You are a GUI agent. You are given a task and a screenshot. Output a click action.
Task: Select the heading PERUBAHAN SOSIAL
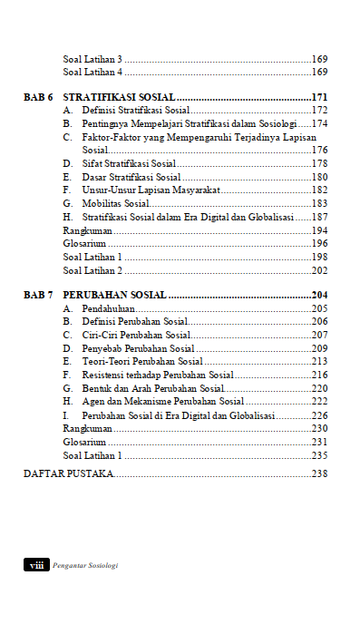pos(114,295)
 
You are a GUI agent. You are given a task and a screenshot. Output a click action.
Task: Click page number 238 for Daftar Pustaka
pos(319,473)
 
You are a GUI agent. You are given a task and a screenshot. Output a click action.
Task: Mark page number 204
pos(319,295)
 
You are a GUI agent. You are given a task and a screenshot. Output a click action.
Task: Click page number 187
pos(319,218)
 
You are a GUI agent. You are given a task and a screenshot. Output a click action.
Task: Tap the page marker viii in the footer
pos(37,564)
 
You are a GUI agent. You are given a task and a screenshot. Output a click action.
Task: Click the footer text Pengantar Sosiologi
pos(86,564)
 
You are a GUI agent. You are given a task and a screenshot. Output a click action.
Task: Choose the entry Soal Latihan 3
pos(92,57)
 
